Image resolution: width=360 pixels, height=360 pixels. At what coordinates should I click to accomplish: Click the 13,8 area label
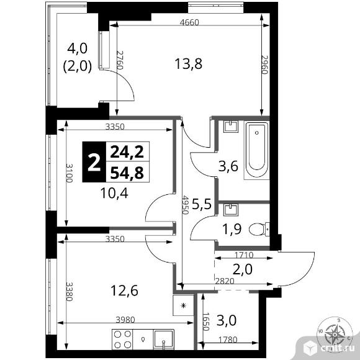pyautogui.click(x=188, y=64)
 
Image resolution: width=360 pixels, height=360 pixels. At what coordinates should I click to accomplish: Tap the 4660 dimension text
pyautogui.click(x=189, y=22)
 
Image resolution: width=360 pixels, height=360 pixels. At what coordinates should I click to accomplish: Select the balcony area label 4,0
pyautogui.click(x=77, y=48)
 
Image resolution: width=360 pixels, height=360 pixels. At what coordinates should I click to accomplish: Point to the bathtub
pyautogui.click(x=257, y=150)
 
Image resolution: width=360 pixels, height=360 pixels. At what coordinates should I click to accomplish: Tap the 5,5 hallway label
pyautogui.click(x=201, y=204)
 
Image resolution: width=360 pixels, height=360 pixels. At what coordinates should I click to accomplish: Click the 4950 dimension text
pyautogui.click(x=185, y=205)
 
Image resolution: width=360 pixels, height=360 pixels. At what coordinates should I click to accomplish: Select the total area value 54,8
pyautogui.click(x=127, y=173)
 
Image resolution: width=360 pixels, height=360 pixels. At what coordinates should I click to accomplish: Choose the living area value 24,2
pyautogui.click(x=127, y=152)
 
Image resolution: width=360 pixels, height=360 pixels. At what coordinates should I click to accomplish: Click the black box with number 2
pyautogui.click(x=94, y=162)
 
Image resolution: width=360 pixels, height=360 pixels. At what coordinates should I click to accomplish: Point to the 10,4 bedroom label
pyautogui.click(x=114, y=193)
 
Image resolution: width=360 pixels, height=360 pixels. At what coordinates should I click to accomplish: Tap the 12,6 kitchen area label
pyautogui.click(x=124, y=290)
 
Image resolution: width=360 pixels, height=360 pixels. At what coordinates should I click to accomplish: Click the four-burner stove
pyautogui.click(x=122, y=340)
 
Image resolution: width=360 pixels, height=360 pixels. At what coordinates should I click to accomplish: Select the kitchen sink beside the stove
pyautogui.click(x=163, y=340)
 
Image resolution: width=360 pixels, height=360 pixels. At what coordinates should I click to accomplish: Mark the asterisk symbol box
pyautogui.click(x=183, y=305)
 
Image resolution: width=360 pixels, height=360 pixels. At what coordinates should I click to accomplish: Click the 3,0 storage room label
pyautogui.click(x=227, y=320)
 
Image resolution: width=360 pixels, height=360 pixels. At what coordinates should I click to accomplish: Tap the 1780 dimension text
pyautogui.click(x=228, y=340)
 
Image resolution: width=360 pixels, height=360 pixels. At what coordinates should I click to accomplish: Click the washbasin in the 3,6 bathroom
pyautogui.click(x=231, y=127)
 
